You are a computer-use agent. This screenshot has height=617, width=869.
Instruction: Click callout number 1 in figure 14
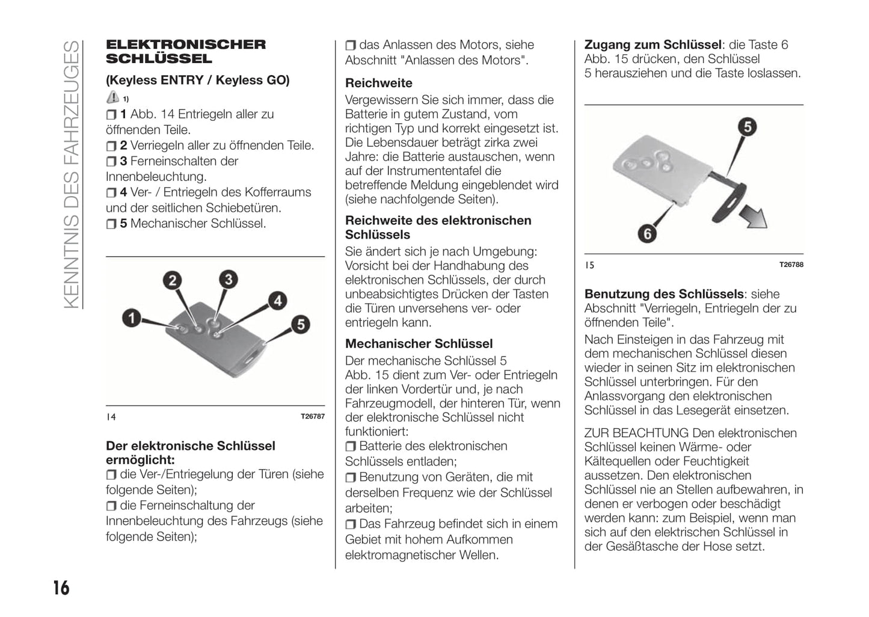point(131,318)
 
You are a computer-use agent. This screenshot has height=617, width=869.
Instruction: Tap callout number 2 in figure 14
point(173,280)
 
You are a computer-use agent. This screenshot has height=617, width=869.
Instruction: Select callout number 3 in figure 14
point(228,279)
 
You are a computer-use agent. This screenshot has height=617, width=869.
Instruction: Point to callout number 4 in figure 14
point(277,301)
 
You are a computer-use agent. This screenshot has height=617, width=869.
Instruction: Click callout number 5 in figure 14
point(300,325)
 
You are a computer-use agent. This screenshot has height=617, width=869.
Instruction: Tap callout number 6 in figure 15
point(647,233)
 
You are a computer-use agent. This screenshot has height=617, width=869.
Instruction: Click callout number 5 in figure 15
point(747,127)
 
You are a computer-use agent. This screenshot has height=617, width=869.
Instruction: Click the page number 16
point(61,588)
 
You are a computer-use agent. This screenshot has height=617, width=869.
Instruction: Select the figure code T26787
point(312,417)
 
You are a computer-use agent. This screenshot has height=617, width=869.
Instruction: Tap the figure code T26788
point(791,265)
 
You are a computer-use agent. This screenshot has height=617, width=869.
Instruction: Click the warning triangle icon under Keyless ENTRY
point(112,97)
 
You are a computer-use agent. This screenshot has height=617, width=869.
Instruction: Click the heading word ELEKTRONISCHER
point(185,45)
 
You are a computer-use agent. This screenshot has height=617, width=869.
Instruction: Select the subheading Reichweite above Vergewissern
point(379,83)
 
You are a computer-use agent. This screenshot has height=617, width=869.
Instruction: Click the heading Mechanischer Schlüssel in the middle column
point(419,344)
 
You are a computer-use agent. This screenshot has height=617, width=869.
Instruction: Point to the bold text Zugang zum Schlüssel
point(653,45)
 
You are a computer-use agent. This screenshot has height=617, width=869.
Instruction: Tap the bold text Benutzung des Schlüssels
point(664,294)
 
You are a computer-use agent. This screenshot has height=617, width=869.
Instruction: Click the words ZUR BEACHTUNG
point(636,433)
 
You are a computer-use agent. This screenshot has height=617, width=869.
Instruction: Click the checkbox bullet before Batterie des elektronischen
point(351,447)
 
